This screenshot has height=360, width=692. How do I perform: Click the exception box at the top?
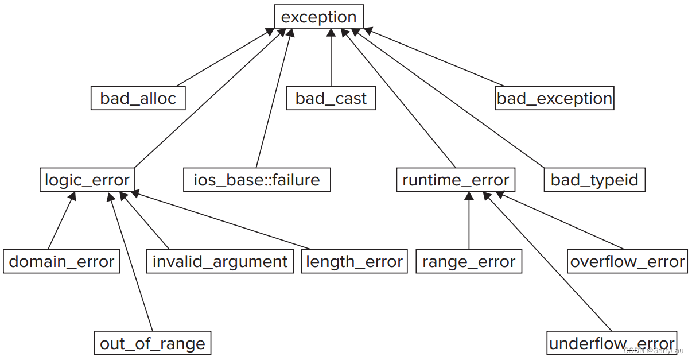pos(318,17)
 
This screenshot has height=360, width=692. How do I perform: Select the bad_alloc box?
pos(138,98)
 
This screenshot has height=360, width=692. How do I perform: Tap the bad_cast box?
pos(331,98)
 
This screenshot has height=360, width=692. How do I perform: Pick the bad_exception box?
pos(554,98)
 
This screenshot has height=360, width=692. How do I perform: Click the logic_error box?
pos(87,180)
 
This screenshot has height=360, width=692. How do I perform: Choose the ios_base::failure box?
pos(256,180)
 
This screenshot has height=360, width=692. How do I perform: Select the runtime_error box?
pos(456,180)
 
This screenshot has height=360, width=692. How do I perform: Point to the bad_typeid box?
pos(594,180)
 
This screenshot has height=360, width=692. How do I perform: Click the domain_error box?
pos(61,262)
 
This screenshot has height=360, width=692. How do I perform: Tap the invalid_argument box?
pos(220,262)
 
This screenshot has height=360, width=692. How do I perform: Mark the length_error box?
pos(354,262)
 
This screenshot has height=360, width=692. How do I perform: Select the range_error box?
pos(469,262)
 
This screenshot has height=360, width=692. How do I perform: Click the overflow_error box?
pos(627,262)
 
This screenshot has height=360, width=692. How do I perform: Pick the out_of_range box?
pos(152,343)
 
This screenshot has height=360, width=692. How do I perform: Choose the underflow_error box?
pos(612,343)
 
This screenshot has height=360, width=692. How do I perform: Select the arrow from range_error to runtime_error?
pos(469,221)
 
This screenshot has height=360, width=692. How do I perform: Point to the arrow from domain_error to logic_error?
pos(61,221)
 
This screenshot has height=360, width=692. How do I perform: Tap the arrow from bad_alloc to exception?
pos(224,57)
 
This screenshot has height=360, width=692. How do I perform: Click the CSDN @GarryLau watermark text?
pos(654,350)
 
